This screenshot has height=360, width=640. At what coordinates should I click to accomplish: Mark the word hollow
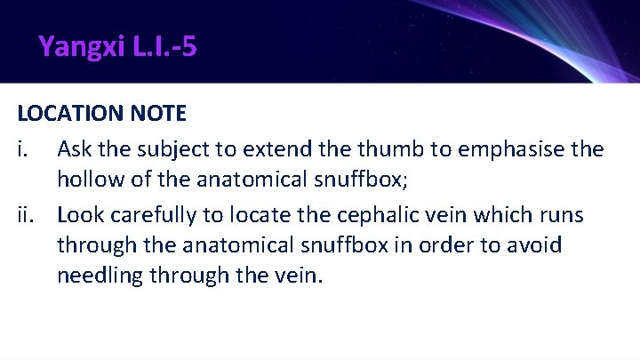pyautogui.click(x=89, y=180)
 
